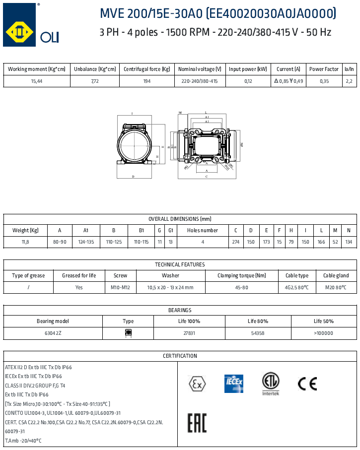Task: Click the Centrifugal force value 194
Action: [147, 81]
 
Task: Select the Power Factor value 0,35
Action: [324, 81]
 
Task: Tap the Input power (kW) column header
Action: [248, 69]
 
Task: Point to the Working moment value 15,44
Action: [37, 81]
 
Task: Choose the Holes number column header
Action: [203, 231]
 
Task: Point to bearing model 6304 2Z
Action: [53, 333]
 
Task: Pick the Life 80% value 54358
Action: [258, 333]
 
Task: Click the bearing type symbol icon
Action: [128, 333]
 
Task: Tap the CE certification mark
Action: [307, 384]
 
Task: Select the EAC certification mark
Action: [197, 423]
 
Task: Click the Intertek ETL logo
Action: [271, 384]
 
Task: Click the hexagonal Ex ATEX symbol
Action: [197, 384]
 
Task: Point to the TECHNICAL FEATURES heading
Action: [180, 265]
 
